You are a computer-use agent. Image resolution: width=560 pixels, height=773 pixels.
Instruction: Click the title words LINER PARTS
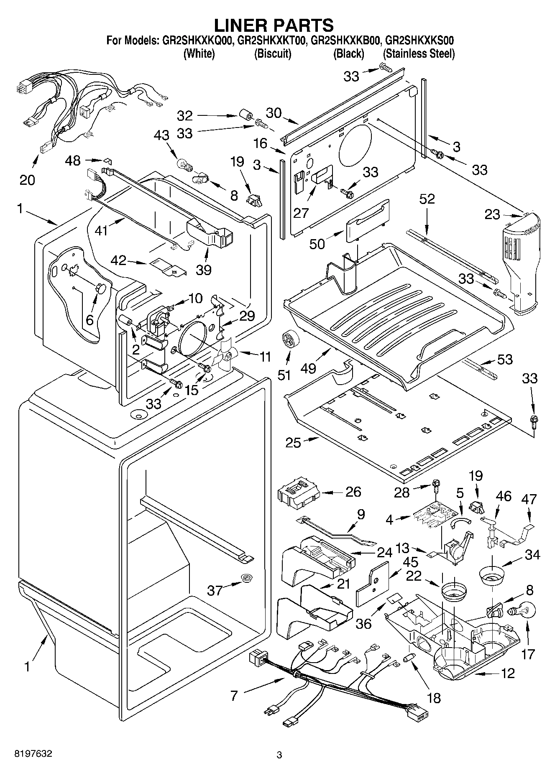pos(274,25)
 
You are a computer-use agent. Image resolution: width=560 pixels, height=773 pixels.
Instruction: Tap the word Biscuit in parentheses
pos(273,54)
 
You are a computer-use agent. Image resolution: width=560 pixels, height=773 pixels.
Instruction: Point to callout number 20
pos(28,180)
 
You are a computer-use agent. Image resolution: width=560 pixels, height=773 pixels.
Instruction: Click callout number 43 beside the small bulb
pos(161,135)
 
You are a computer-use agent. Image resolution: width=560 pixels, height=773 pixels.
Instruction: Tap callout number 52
pos(427,199)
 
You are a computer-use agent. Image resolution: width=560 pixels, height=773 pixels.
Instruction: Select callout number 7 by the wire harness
pos(234,696)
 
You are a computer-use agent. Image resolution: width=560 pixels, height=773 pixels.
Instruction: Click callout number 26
pos(353,492)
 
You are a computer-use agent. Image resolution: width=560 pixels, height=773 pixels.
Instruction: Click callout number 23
pos(492,214)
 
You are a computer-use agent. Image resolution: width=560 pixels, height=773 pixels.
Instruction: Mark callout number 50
pos(317,243)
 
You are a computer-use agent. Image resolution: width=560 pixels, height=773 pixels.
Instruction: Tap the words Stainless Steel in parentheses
pos(419,54)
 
